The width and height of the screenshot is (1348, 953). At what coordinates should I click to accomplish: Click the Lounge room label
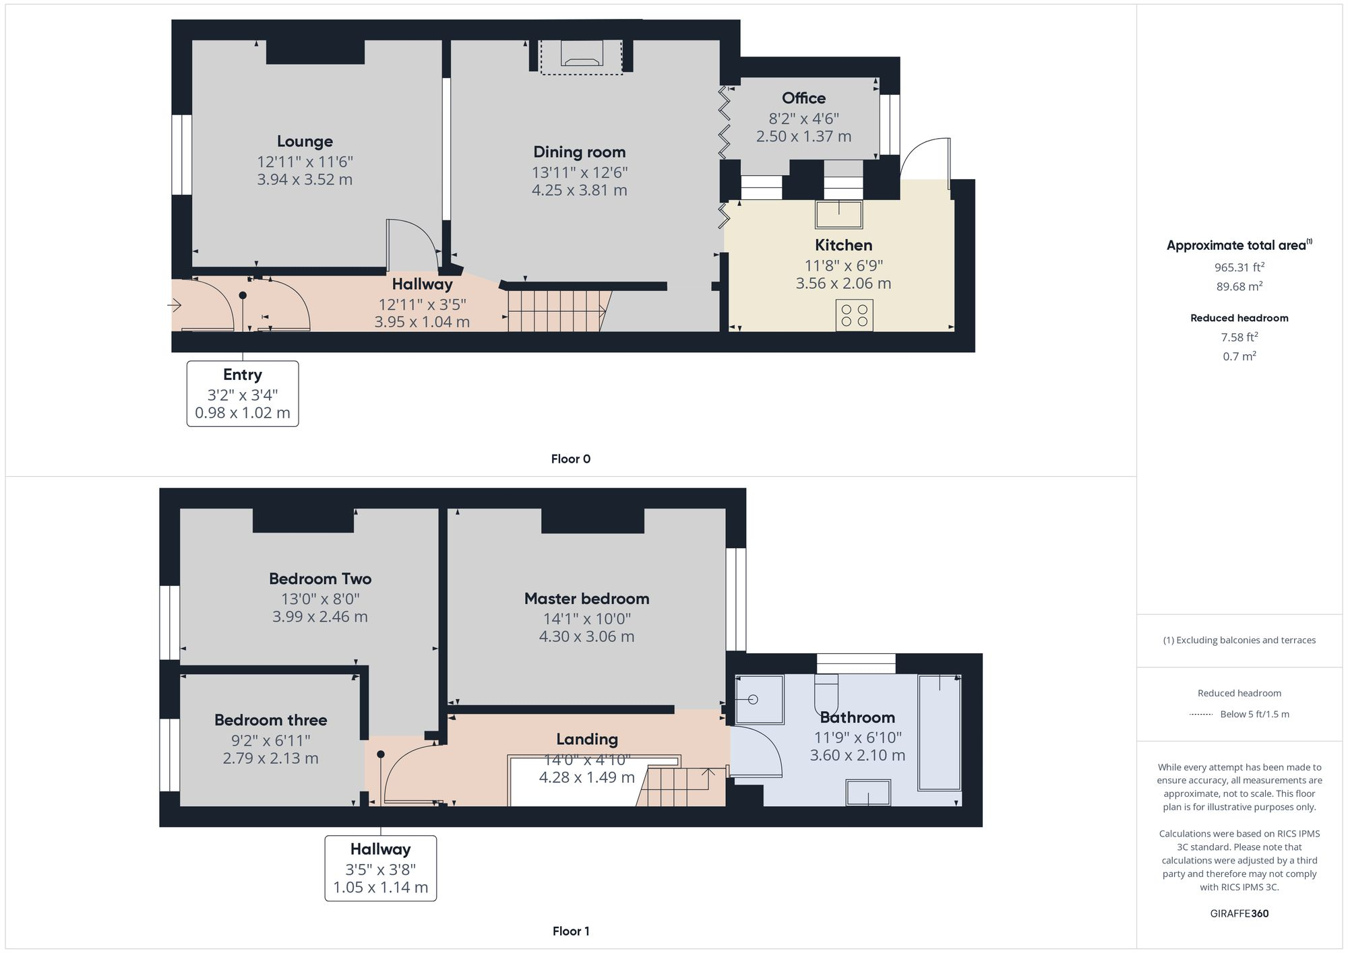click(x=305, y=141)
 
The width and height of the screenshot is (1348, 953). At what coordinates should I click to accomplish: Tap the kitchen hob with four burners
click(x=854, y=315)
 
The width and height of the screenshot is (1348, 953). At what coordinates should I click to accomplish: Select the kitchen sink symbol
click(x=838, y=214)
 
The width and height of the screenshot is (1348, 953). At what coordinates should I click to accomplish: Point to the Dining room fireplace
click(x=582, y=57)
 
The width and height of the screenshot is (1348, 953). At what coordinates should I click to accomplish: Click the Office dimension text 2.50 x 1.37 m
click(x=803, y=136)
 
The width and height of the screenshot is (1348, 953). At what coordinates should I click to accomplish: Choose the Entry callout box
click(x=243, y=393)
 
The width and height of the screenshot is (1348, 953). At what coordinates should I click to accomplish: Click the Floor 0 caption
click(x=570, y=459)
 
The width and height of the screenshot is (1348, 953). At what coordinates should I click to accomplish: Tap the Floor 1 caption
click(x=570, y=931)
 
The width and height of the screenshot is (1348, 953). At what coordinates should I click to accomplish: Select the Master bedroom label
click(x=586, y=599)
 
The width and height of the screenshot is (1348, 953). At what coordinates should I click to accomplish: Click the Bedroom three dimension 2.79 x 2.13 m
click(x=270, y=758)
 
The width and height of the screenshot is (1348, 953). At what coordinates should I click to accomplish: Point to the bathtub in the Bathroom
click(x=939, y=732)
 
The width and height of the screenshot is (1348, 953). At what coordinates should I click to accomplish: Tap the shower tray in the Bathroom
click(x=759, y=700)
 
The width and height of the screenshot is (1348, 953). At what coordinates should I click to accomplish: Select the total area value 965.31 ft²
click(x=1239, y=267)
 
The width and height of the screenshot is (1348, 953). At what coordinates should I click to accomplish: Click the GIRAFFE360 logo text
click(x=1239, y=913)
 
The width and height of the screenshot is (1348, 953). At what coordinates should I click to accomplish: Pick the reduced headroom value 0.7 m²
click(x=1239, y=356)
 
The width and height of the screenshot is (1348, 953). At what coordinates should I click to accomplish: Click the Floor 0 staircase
click(x=557, y=310)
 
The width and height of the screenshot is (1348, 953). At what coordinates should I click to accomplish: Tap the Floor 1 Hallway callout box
click(x=380, y=868)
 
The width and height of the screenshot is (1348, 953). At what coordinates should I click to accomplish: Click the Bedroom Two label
click(x=320, y=579)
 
